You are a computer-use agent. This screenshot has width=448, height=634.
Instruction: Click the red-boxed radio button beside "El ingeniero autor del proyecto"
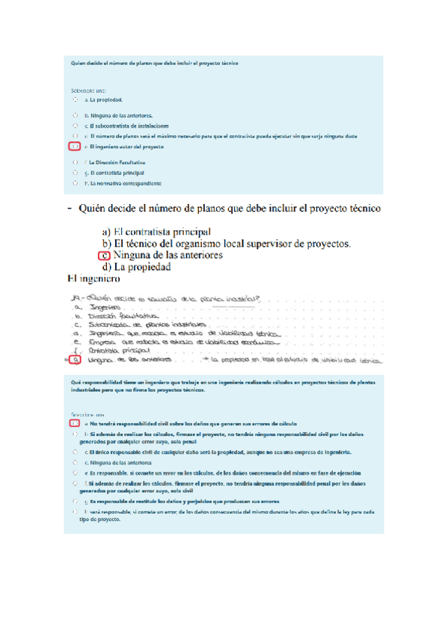pyautogui.click(x=75, y=147)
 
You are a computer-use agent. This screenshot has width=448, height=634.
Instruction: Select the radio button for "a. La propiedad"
pyautogui.click(x=75, y=99)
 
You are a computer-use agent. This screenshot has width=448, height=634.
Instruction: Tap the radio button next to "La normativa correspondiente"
pyautogui.click(x=75, y=182)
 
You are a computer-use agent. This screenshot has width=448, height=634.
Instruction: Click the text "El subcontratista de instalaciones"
pyautogui.click(x=129, y=126)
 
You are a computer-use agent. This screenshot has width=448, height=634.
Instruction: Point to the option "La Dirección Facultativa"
pyautogui.click(x=117, y=161)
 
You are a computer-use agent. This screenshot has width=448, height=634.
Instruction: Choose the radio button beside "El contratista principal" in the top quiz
pyautogui.click(x=75, y=172)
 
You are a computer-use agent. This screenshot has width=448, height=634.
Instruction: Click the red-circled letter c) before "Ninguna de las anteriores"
pyautogui.click(x=104, y=255)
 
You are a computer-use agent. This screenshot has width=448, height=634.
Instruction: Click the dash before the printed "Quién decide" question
pyautogui.click(x=70, y=208)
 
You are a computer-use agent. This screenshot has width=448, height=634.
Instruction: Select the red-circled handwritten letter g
pyautogui.click(x=75, y=360)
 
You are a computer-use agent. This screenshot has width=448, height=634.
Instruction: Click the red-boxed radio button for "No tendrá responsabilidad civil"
pyautogui.click(x=75, y=423)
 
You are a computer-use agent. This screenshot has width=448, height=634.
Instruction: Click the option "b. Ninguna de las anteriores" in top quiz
pyautogui.click(x=120, y=116)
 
